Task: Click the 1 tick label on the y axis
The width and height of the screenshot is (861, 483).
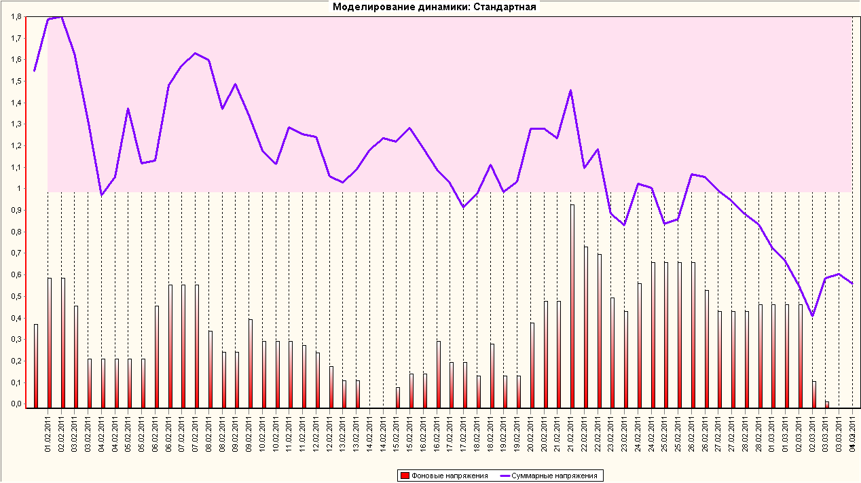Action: [20, 188]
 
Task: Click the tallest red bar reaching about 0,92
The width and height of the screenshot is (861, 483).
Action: [572, 306]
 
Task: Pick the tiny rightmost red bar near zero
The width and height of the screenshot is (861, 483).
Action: [826, 404]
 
